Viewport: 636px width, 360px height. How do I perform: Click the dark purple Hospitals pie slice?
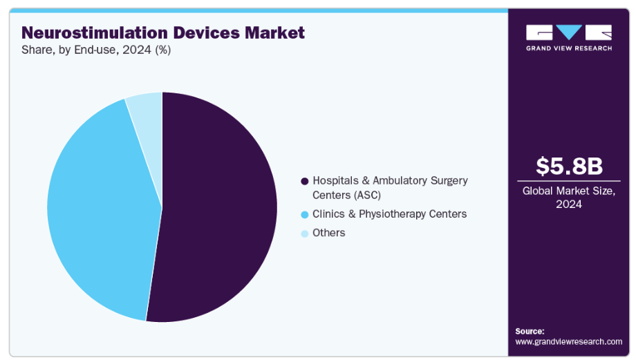[x=214, y=207]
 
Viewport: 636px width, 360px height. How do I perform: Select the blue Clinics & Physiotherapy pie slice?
[x=97, y=207]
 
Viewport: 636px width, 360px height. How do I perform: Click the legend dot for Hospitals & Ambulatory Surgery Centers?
[x=304, y=181]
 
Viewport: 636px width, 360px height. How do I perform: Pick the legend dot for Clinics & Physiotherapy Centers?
[x=304, y=215]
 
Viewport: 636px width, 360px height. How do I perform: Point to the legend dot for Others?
[x=304, y=234]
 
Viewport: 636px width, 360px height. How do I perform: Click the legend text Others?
[x=328, y=233]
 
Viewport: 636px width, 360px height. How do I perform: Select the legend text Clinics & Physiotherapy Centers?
[x=389, y=214]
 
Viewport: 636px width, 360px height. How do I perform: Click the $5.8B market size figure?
[x=569, y=166]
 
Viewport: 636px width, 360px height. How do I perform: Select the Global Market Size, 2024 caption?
[x=569, y=198]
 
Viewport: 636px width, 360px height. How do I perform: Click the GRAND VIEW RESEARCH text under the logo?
[x=568, y=48]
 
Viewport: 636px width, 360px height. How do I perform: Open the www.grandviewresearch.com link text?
[x=568, y=341]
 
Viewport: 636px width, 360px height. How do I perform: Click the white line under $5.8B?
[x=569, y=182]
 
